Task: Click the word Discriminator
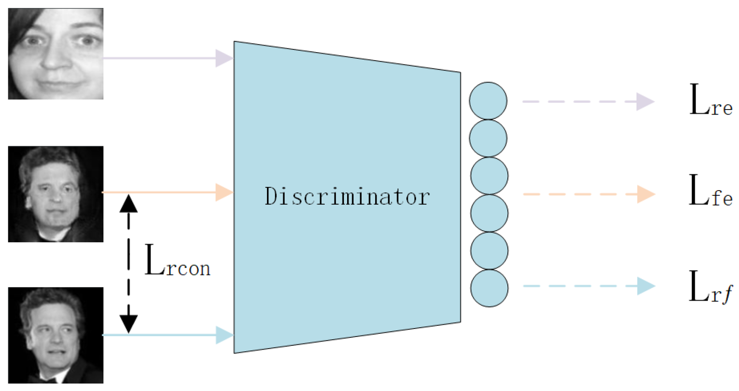click(x=347, y=196)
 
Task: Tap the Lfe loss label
click(x=711, y=191)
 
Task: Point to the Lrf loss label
click(x=711, y=287)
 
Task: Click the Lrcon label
click(x=177, y=261)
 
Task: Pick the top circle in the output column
click(x=488, y=101)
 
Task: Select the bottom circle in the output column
click(x=489, y=288)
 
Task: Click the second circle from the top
click(x=488, y=138)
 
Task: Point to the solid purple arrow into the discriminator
click(x=168, y=58)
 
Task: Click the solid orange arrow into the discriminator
click(x=168, y=192)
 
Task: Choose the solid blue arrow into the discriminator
click(x=168, y=335)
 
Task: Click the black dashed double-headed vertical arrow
click(x=129, y=263)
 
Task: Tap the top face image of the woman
click(x=55, y=54)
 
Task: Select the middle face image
click(x=55, y=194)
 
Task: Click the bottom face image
click(x=55, y=336)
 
